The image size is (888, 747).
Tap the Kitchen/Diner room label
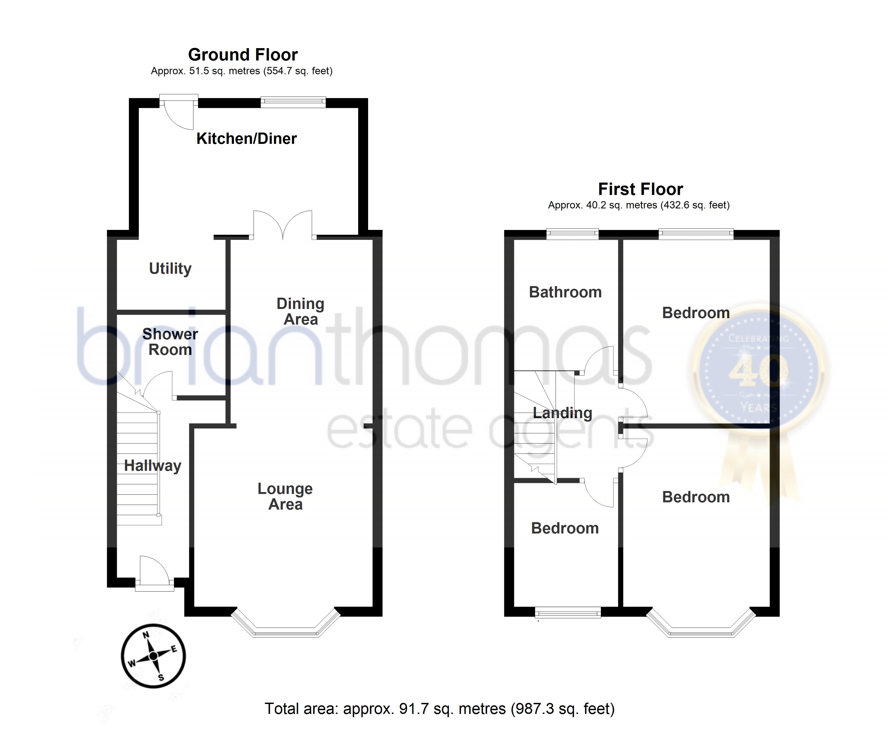[x=246, y=138]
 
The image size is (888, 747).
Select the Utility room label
[x=170, y=268]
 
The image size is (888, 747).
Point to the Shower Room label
[x=170, y=342]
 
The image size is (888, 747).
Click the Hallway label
[x=153, y=466]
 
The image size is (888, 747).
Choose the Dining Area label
[x=300, y=311]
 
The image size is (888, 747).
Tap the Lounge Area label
[x=285, y=496]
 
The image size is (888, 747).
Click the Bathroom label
[x=565, y=292]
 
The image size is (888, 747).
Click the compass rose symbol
[x=153, y=656]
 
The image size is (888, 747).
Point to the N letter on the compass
[x=146, y=635]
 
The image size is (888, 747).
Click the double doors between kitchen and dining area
[x=283, y=225]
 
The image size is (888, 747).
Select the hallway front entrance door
[x=155, y=572]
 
